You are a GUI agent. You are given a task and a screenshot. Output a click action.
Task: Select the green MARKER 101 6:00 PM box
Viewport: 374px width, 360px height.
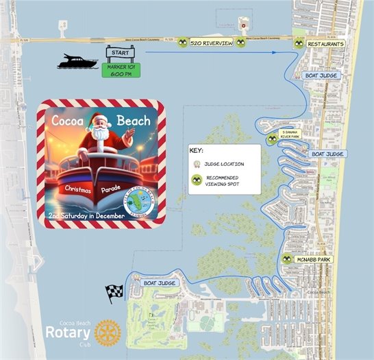(x=119, y=70)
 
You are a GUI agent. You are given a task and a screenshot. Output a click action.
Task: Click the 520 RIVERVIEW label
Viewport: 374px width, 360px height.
(x=212, y=43)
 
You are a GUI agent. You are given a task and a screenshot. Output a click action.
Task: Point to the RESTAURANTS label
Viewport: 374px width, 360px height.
(x=325, y=43)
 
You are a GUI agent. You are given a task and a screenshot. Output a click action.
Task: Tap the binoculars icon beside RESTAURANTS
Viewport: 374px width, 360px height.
(x=298, y=43)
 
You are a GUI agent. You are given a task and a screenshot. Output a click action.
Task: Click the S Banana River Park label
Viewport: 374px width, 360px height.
(x=291, y=135)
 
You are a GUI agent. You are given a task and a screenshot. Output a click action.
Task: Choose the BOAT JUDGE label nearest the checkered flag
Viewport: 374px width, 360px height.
(x=160, y=283)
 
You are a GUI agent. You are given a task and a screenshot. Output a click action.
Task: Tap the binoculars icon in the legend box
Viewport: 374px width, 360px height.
(x=197, y=180)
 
